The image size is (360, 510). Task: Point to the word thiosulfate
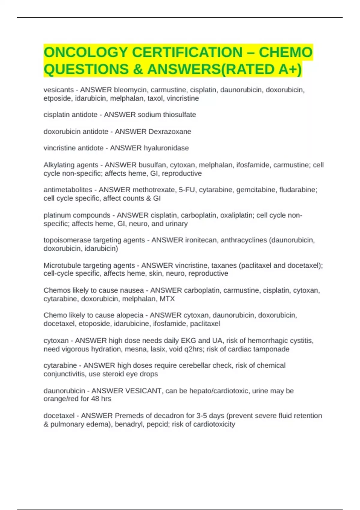point(179,115)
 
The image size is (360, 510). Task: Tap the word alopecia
point(130,315)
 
